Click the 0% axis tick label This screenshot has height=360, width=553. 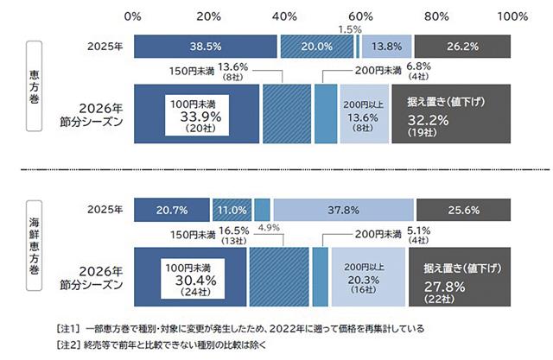point(133,16)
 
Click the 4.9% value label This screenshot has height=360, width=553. point(270,228)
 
